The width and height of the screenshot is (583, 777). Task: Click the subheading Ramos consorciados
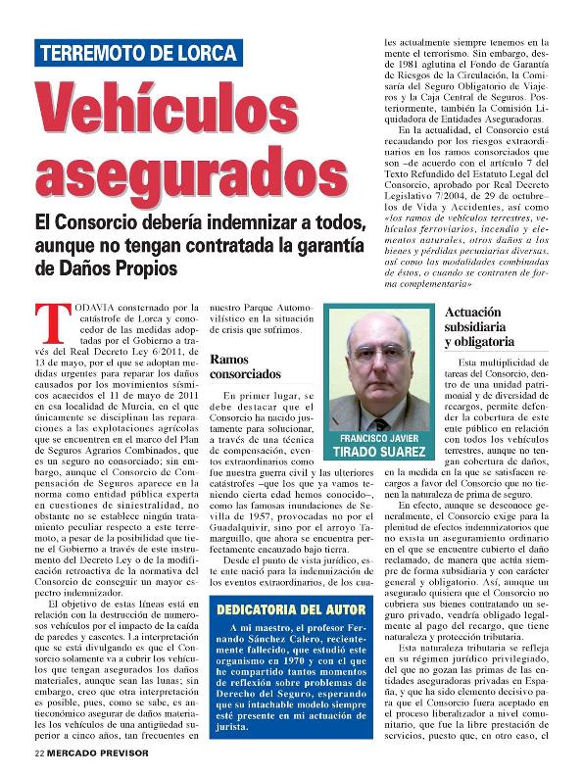(245, 366)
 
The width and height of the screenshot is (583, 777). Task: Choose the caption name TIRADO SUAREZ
(379, 452)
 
